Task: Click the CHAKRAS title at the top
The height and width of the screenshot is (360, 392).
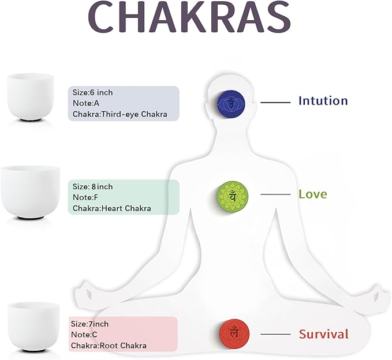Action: pyautogui.click(x=189, y=17)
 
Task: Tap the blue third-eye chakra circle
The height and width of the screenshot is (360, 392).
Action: pyautogui.click(x=231, y=103)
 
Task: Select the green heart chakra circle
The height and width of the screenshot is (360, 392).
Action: pyautogui.click(x=233, y=196)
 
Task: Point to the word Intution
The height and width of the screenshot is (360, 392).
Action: pyautogui.click(x=323, y=101)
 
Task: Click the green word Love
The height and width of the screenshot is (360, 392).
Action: pyautogui.click(x=313, y=194)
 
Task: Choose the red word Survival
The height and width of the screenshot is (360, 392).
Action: pyautogui.click(x=324, y=334)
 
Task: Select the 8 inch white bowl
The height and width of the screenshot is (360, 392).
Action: pyautogui.click(x=31, y=192)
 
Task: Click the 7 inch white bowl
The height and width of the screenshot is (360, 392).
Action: pyautogui.click(x=33, y=327)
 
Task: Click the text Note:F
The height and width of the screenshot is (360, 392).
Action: pyautogui.click(x=85, y=197)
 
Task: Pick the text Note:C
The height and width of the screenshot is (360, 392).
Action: pyautogui.click(x=84, y=335)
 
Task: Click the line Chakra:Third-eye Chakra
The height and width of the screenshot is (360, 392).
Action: pyautogui.click(x=120, y=114)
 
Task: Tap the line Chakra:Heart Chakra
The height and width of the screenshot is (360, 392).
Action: pyautogui.click(x=112, y=208)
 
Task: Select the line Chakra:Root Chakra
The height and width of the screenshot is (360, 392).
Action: pyautogui.click(x=109, y=346)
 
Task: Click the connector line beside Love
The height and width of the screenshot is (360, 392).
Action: pyautogui.click(x=275, y=194)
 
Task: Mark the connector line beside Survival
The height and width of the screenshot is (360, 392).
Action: pyautogui.click(x=275, y=334)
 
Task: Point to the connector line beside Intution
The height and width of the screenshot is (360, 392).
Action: pyautogui.click(x=275, y=103)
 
